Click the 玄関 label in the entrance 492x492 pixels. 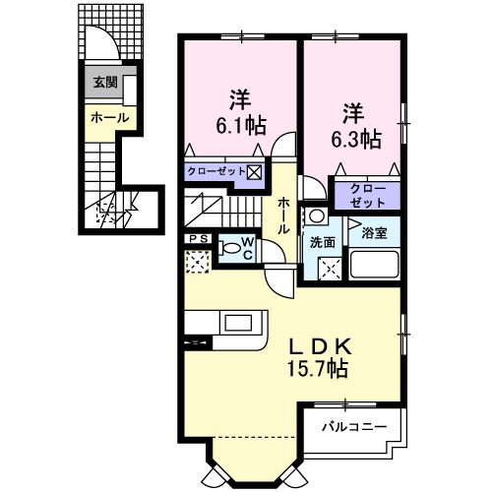coord(105,84)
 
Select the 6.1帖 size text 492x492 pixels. coord(239,124)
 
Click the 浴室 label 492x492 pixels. coord(376,234)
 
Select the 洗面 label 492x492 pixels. coord(324,241)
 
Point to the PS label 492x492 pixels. coord(195,239)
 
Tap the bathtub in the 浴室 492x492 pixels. coord(374,265)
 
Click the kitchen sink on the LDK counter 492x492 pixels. coord(239,323)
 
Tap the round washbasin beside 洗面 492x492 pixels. coord(318,215)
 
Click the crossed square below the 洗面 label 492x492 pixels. coord(330,266)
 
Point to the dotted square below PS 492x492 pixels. coord(197,262)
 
